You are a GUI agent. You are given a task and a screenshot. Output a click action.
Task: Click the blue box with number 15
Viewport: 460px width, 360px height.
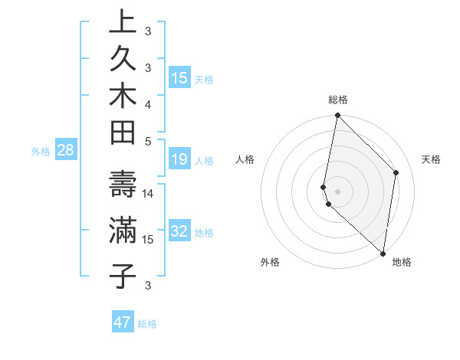(179, 78)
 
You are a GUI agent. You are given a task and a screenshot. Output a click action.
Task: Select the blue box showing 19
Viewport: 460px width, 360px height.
(179, 159)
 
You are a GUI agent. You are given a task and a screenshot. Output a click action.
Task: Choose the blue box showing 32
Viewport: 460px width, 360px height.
(179, 232)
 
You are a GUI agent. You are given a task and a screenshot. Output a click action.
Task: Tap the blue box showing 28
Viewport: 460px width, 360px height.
(66, 150)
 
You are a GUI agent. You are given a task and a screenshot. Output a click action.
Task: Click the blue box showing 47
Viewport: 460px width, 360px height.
(122, 322)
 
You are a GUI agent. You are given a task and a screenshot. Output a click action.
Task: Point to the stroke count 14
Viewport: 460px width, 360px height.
(148, 194)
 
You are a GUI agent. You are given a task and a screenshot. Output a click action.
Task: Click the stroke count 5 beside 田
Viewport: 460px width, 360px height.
(148, 140)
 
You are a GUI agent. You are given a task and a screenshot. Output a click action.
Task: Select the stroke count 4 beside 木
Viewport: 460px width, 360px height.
(148, 103)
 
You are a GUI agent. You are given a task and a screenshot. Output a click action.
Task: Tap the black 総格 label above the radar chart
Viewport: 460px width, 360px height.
(338, 100)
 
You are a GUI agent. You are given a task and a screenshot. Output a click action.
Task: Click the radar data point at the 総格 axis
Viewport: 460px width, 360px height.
(337, 116)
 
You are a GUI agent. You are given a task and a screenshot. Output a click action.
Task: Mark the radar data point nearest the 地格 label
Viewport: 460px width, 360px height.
(383, 254)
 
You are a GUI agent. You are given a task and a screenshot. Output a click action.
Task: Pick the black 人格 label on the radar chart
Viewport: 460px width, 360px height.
(245, 159)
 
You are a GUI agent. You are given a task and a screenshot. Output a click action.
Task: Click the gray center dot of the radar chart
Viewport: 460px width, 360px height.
(337, 191)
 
